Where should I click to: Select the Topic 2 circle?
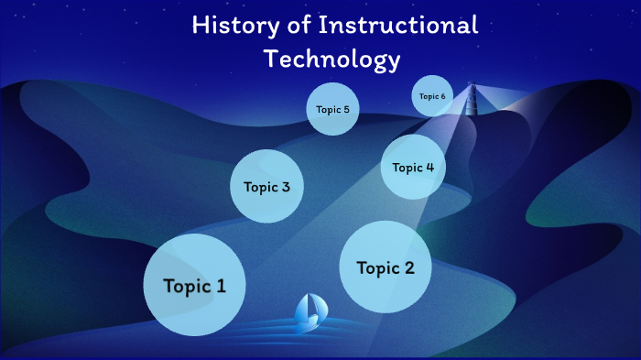coord(385,267)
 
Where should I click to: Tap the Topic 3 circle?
coord(266,187)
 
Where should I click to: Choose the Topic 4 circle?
coord(412,167)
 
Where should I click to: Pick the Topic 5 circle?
coord(331,109)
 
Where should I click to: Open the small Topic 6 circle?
coord(432,96)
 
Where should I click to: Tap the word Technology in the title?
coord(331,60)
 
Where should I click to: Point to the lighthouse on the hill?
coord(473,95)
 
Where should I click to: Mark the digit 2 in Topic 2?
coord(408,267)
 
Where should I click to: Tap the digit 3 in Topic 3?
coord(286,187)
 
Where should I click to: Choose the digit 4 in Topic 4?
coord(429,167)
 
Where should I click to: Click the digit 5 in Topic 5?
coord(345,109)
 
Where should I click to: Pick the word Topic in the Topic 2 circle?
coord(376,268)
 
